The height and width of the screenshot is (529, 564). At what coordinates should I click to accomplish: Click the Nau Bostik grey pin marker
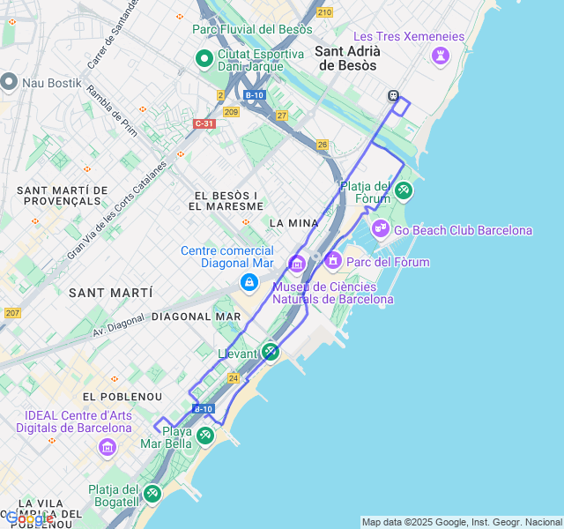10,82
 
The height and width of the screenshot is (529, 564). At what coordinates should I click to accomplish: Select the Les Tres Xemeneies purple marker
439,56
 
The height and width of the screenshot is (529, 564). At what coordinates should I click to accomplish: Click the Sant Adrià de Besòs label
346,58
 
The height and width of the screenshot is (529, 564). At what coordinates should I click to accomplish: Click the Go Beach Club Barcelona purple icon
380,229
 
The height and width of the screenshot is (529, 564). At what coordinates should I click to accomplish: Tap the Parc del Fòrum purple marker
333,261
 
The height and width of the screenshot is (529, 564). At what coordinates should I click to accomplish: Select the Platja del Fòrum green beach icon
403,190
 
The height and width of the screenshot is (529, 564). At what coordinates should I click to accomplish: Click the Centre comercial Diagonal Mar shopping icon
249,282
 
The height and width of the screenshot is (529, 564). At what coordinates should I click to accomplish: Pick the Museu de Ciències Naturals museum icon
296,263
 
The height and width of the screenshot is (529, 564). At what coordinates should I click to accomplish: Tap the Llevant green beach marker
271,352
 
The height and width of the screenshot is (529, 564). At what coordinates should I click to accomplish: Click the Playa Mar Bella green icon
205,435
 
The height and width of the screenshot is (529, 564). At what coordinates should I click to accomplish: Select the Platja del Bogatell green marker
152,493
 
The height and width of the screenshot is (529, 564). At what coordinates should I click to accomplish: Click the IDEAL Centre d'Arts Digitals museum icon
108,447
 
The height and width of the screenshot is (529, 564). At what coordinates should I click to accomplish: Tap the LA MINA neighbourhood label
292,223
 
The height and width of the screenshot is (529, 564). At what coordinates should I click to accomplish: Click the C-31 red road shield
204,123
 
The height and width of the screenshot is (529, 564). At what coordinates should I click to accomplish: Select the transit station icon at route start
393,95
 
